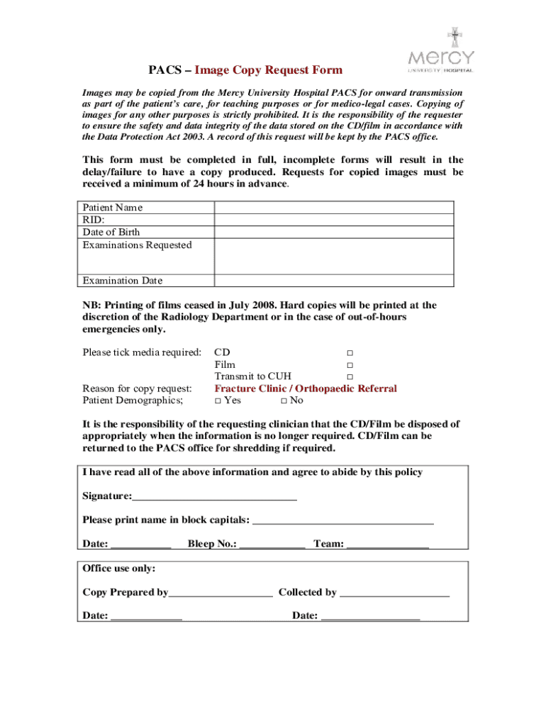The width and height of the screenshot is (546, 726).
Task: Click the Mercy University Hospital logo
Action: pyautogui.click(x=440, y=52)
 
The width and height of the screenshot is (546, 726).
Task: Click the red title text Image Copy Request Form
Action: pyautogui.click(x=269, y=70)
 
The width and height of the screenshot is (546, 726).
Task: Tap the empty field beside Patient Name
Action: pyautogui.click(x=334, y=207)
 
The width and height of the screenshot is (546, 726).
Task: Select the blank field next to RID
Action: pyautogui.click(x=334, y=220)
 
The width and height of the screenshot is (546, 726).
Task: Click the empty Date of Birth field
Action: pyautogui.click(x=334, y=232)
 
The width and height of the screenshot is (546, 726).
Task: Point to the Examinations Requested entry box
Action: pyautogui.click(x=334, y=256)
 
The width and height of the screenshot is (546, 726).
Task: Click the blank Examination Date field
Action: pyautogui.click(x=334, y=280)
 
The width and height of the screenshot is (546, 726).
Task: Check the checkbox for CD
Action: pyautogui.click(x=350, y=353)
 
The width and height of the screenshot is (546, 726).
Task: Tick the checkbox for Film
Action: pyautogui.click(x=350, y=365)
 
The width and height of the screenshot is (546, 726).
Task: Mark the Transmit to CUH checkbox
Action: pyautogui.click(x=350, y=376)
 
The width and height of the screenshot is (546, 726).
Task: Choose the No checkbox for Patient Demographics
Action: pyautogui.click(x=284, y=401)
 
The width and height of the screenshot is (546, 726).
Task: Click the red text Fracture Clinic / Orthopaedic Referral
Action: pyautogui.click(x=306, y=389)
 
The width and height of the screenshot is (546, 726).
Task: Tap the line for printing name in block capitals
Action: pyautogui.click(x=343, y=521)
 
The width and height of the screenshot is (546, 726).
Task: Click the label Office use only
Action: pyautogui.click(x=119, y=569)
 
